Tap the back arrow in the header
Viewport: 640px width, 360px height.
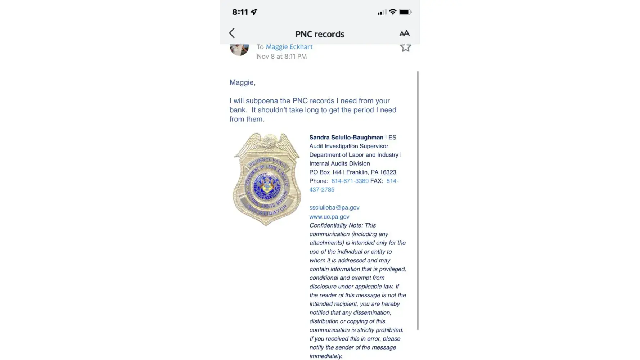[232, 33]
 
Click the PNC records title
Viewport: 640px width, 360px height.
[320, 34]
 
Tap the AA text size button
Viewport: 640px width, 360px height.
[404, 33]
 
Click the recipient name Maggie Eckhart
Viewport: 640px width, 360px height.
[289, 47]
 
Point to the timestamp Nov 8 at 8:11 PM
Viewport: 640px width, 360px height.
[281, 57]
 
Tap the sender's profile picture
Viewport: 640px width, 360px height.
[239, 49]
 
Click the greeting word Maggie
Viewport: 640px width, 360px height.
[242, 82]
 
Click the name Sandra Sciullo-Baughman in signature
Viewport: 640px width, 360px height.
[346, 138]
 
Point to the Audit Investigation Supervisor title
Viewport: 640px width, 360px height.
[348, 146]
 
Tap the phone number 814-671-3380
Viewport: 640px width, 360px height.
[350, 181]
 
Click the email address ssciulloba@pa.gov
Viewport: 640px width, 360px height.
[334, 208]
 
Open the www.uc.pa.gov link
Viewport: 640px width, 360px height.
[329, 217]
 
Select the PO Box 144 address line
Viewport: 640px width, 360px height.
[352, 172]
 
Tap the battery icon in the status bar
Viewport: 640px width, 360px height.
[405, 12]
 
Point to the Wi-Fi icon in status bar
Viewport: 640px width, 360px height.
[393, 12]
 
